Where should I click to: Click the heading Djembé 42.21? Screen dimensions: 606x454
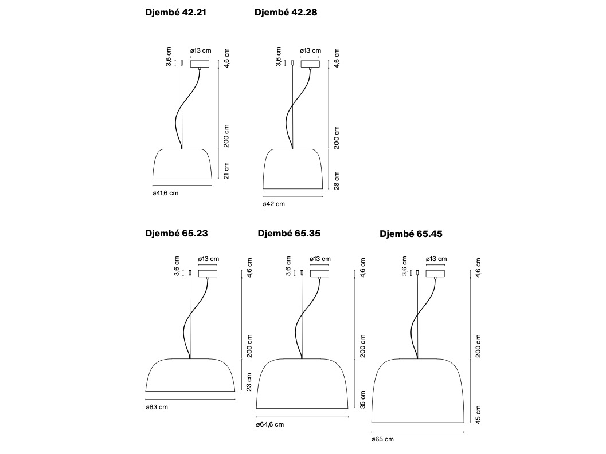pyautogui.click(x=175, y=13)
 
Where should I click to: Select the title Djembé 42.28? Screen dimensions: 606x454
pyautogui.click(x=286, y=13)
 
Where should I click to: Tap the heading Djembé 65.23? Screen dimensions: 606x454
pyautogui.click(x=176, y=233)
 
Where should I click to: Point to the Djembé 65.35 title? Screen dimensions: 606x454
pyautogui.click(x=289, y=233)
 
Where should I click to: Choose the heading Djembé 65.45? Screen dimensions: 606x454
pyautogui.click(x=411, y=234)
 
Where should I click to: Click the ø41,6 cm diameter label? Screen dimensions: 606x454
pyautogui.click(x=166, y=193)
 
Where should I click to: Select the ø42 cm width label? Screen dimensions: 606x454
pyautogui.click(x=273, y=204)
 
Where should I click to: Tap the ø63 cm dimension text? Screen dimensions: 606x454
pyautogui.click(x=157, y=407)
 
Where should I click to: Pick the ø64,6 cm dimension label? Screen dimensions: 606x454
pyautogui.click(x=270, y=424)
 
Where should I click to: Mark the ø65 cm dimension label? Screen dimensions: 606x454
pyautogui.click(x=382, y=439)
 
